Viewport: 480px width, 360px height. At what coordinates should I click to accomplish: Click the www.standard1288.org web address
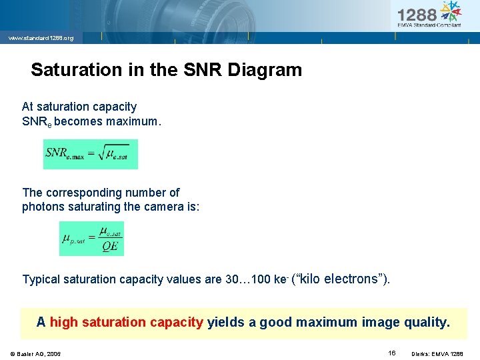click(41, 38)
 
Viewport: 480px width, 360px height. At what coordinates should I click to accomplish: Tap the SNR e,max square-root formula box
click(90, 154)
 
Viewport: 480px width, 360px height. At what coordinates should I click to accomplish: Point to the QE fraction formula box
click(91, 239)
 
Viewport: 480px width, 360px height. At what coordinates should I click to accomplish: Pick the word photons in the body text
click(41, 207)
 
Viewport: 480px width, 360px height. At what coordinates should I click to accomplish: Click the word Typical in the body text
click(42, 279)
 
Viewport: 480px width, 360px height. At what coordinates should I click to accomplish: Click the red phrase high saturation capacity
click(126, 323)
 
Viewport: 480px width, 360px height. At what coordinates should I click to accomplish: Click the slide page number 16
click(392, 353)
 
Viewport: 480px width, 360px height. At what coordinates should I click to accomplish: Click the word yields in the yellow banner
click(225, 323)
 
